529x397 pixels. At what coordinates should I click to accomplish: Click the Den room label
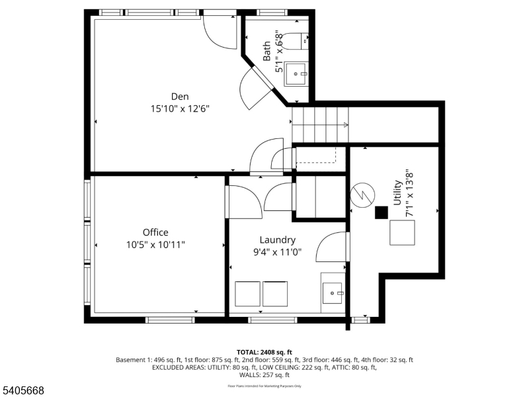180,96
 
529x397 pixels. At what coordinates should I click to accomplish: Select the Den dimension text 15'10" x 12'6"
180,109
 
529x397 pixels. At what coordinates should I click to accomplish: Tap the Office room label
155,232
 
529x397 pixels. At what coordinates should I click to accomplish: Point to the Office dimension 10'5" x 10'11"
155,245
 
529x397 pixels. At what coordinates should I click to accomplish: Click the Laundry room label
277,240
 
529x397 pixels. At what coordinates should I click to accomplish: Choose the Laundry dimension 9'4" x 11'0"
277,252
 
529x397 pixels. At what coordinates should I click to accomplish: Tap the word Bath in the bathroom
267,51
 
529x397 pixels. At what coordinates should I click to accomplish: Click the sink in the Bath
296,73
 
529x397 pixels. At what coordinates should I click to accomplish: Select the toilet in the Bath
300,40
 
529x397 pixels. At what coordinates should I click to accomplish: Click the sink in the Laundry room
332,292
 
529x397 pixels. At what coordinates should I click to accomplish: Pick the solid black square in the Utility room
381,212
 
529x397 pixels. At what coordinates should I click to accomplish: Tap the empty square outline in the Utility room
402,232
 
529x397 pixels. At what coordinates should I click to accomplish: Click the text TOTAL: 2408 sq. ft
264,352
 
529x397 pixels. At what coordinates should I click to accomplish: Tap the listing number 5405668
23,391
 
